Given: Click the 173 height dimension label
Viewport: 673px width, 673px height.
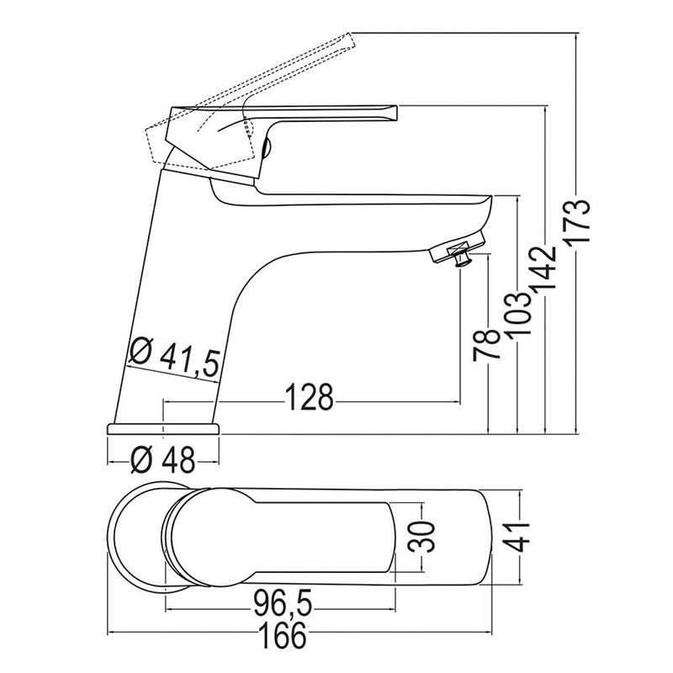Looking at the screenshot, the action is (577, 223).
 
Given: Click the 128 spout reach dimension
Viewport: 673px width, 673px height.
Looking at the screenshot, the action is (309, 397).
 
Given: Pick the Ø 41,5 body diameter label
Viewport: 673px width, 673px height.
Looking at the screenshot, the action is (175, 358).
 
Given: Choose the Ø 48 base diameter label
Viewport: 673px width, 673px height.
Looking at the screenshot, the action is (162, 460).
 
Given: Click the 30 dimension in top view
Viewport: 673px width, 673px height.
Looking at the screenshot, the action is (421, 537).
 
